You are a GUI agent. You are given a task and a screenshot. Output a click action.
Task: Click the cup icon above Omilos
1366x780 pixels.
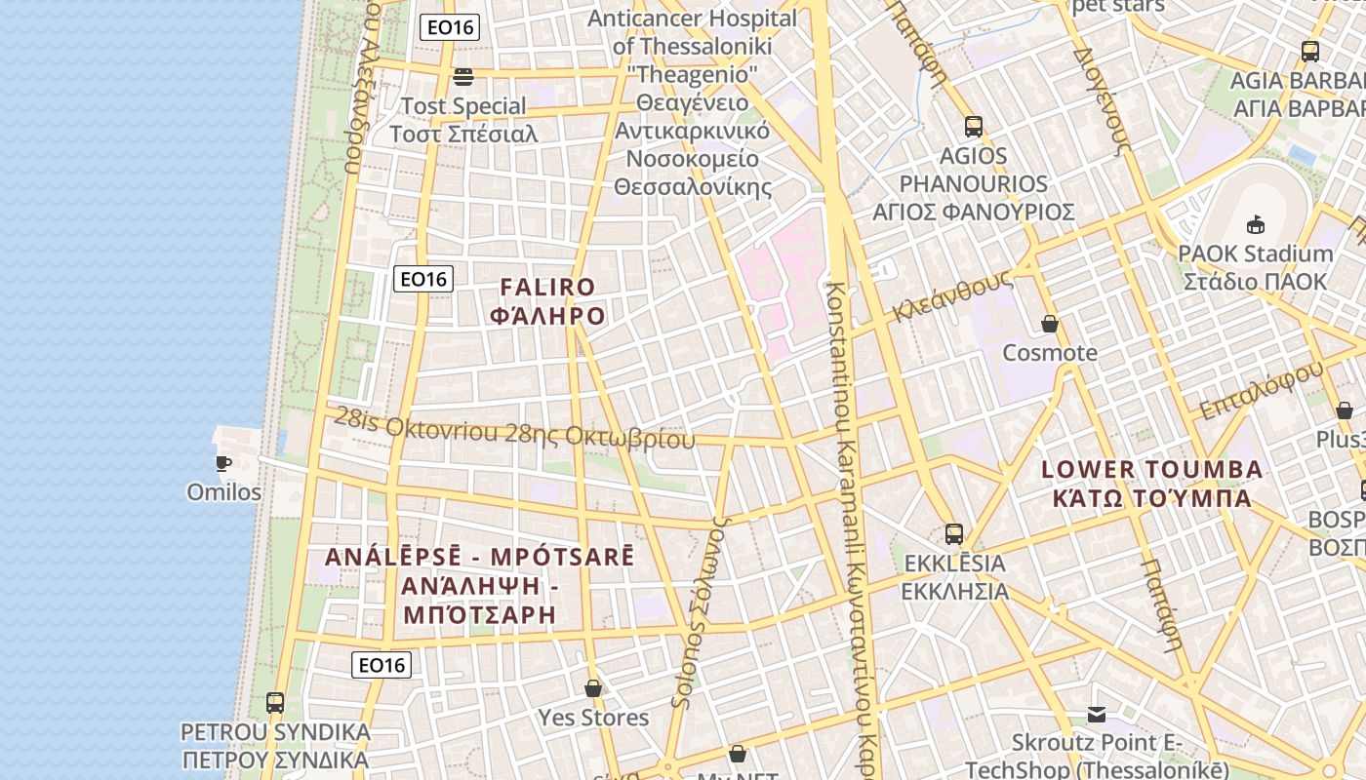point(222,462)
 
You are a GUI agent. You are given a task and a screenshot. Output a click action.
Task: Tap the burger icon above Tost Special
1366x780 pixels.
point(463,76)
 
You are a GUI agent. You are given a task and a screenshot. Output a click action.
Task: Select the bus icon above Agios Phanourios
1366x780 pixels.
point(973,126)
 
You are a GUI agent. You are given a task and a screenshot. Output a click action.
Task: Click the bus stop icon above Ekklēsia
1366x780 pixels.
point(953,534)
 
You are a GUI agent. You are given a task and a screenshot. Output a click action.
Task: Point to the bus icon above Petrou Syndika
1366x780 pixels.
point(275,702)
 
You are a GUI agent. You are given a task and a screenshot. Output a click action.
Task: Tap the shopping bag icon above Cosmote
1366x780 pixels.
point(1050,323)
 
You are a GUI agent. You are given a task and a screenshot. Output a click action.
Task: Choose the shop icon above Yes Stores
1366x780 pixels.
point(592,688)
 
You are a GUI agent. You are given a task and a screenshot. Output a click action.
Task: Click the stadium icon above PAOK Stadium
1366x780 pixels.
point(1255,224)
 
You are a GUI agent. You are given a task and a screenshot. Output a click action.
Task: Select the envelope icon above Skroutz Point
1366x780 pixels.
point(1097,715)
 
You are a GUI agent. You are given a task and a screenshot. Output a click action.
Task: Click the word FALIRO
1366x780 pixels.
point(547,287)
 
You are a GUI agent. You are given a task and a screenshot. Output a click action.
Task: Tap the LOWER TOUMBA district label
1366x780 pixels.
point(1151,469)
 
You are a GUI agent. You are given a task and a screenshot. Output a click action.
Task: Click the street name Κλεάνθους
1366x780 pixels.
point(951,295)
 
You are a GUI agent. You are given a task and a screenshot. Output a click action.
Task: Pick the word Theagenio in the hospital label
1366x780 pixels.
point(692,73)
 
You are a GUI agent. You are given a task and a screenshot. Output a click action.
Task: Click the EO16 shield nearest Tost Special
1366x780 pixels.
point(450,27)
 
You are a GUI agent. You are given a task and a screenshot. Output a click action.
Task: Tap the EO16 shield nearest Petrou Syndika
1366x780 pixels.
point(381,665)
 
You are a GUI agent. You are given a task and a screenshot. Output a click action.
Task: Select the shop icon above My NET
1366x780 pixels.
point(738,754)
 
